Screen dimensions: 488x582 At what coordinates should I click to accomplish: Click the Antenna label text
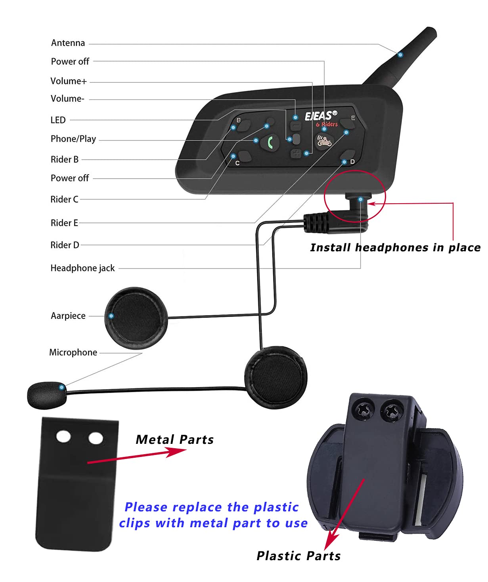tap(68, 43)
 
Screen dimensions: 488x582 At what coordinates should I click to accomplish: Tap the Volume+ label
tap(68, 81)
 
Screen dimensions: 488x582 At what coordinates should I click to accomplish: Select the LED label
tap(58, 120)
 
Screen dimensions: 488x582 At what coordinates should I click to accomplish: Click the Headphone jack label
tap(82, 268)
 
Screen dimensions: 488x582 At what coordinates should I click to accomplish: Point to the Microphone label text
tap(73, 353)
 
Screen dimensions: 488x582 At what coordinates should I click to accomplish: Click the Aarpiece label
tap(68, 316)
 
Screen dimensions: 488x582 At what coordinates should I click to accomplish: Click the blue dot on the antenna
tap(400, 54)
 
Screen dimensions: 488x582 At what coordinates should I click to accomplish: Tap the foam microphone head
tap(46, 395)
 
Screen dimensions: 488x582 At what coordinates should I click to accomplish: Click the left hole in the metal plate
tap(63, 437)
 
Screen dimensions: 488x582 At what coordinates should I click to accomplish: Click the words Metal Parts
tap(174, 439)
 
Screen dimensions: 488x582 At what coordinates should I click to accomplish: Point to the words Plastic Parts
tap(299, 556)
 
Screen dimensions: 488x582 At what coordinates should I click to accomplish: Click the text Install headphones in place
tap(395, 248)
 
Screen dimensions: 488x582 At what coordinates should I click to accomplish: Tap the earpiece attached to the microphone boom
tap(276, 377)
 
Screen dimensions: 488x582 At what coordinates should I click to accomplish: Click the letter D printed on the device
tap(352, 162)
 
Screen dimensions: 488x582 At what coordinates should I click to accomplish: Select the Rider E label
tap(64, 223)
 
